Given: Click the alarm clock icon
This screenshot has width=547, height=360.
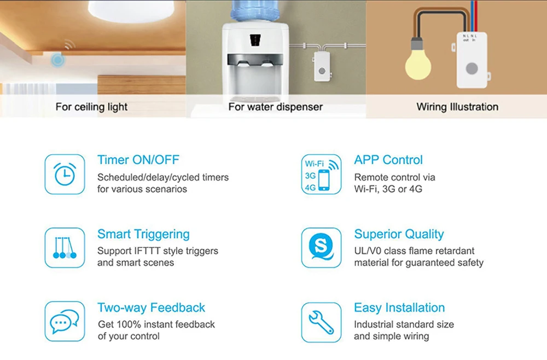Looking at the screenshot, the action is [x=65, y=174].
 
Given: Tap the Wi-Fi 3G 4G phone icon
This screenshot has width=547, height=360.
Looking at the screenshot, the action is [x=321, y=174].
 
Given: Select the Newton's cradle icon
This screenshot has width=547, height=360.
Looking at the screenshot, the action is [x=65, y=248].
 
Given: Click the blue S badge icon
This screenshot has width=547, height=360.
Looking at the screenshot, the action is [x=321, y=248].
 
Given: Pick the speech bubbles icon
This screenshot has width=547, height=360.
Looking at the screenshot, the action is [x=65, y=321].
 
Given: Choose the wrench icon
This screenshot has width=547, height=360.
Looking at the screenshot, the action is [x=321, y=322].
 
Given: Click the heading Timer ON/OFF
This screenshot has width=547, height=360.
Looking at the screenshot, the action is [x=138, y=160].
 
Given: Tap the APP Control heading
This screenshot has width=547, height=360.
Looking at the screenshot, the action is [x=388, y=160].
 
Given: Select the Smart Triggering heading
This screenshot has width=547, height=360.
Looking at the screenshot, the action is [x=143, y=234].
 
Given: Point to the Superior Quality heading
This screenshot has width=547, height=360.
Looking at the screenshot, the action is [x=399, y=234].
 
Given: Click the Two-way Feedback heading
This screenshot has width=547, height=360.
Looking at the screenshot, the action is [x=151, y=307].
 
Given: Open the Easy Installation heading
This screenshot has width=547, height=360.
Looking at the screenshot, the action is [x=399, y=307].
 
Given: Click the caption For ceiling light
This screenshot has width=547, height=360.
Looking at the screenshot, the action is [x=91, y=107].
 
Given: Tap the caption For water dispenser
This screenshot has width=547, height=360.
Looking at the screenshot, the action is [x=276, y=107].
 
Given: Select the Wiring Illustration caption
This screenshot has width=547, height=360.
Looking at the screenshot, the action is [x=457, y=107].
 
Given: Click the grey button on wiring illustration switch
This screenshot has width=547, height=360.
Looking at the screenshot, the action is [x=472, y=68].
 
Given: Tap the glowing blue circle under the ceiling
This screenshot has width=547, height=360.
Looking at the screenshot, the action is [x=57, y=60].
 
